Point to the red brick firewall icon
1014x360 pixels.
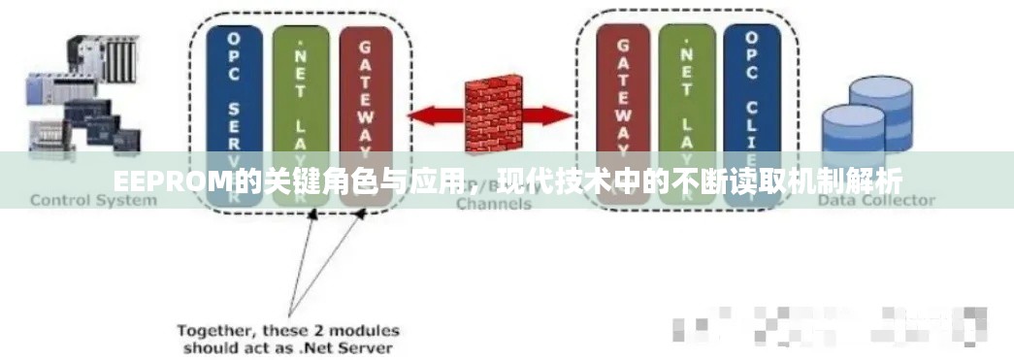[x=493, y=114]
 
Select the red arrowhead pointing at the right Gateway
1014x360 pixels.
[x=565, y=115]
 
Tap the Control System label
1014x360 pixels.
[x=93, y=200]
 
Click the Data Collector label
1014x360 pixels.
[x=876, y=200]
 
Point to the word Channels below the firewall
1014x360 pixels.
[x=493, y=204]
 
